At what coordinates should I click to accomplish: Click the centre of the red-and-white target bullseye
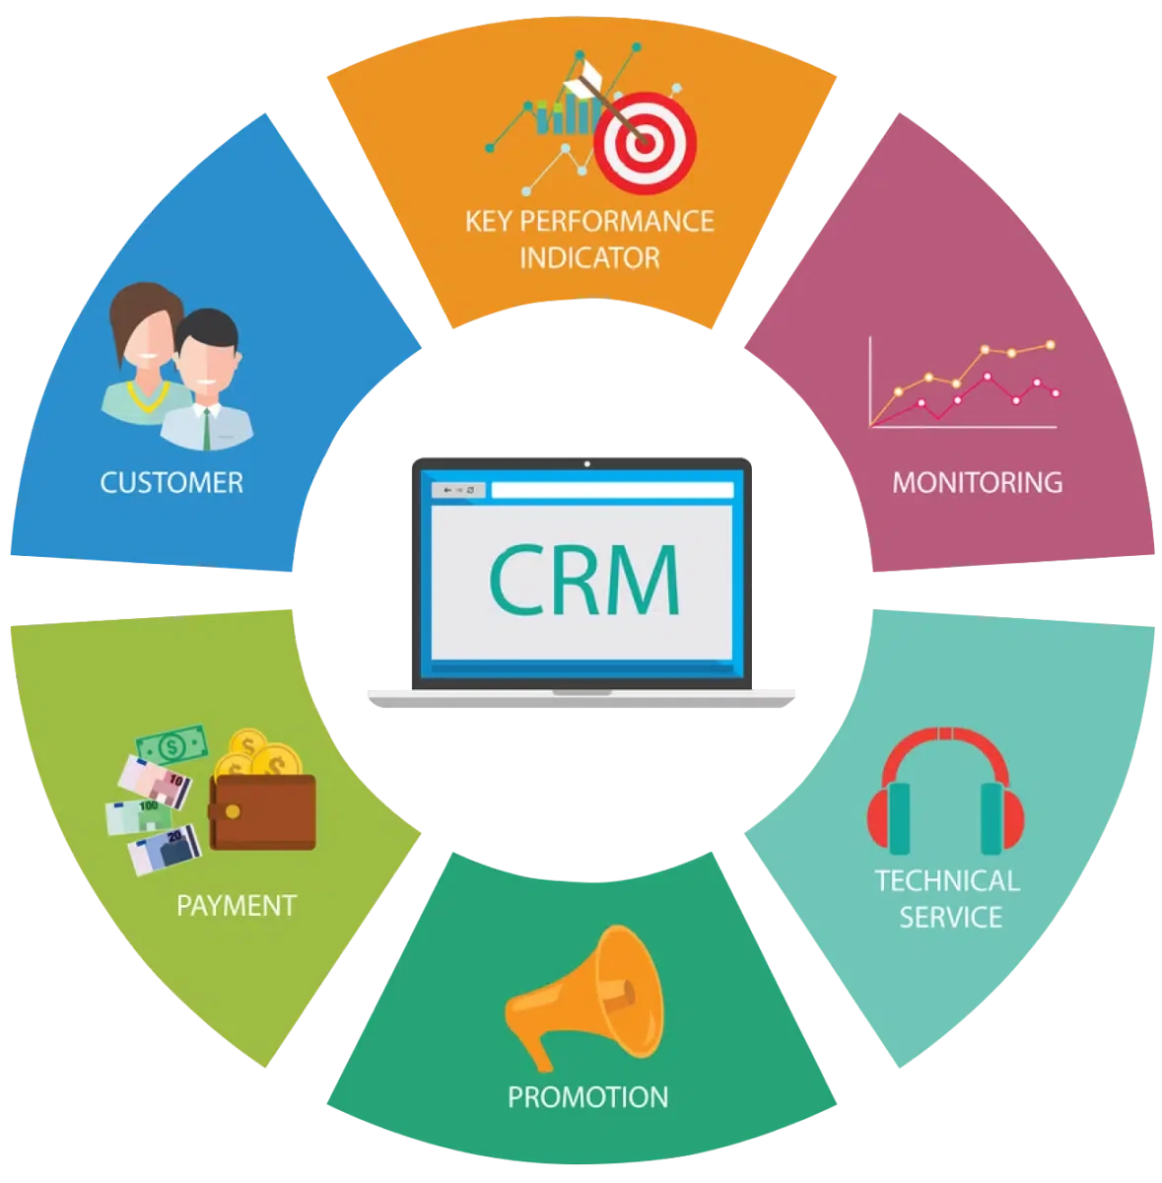(x=644, y=142)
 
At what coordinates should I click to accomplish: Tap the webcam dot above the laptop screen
(x=586, y=464)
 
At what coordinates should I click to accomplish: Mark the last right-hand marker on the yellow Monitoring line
(x=1051, y=345)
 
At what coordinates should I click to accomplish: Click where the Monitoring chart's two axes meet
(x=870, y=426)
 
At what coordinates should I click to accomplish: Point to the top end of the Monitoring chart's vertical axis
(x=870, y=336)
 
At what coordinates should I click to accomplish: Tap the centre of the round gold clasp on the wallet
(x=233, y=811)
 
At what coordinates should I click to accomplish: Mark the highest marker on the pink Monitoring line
(x=987, y=377)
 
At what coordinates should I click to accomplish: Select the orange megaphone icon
(x=583, y=997)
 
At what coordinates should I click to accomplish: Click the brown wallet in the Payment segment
(x=263, y=812)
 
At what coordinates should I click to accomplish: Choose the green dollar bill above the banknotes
(x=171, y=746)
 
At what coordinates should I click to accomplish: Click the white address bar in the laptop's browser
(x=612, y=490)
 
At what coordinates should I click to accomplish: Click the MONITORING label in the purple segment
(x=978, y=482)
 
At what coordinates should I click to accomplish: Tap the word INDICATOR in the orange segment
(x=589, y=258)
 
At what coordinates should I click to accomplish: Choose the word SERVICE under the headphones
(x=950, y=917)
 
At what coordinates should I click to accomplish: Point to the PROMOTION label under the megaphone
(x=588, y=1097)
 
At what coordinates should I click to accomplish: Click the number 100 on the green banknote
(x=149, y=805)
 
